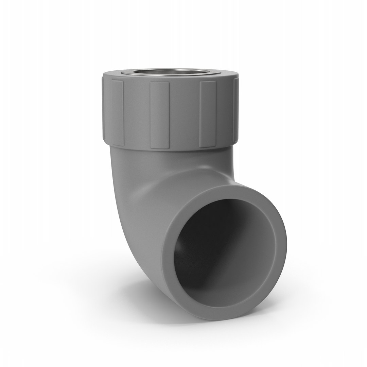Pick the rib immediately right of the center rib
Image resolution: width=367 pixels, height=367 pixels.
click(x=208, y=114)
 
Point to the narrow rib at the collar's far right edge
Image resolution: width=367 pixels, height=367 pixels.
click(x=236, y=112)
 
